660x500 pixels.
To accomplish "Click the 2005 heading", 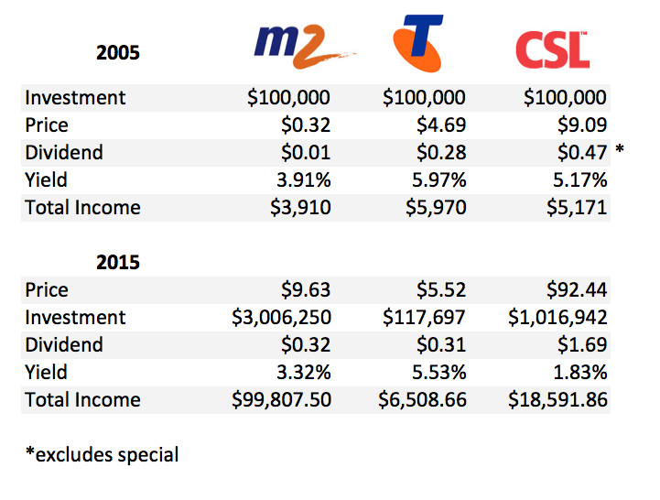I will [x=118, y=52].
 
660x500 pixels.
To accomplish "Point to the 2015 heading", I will [x=118, y=263].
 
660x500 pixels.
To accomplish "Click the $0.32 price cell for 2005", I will [x=305, y=125].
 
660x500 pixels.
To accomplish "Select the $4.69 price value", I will [x=440, y=125].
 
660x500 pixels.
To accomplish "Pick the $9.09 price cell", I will [x=581, y=125].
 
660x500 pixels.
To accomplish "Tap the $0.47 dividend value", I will [x=581, y=152].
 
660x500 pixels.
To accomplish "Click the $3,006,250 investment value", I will [x=281, y=317].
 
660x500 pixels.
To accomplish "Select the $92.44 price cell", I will [x=576, y=289].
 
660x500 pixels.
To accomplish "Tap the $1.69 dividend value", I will [x=581, y=344].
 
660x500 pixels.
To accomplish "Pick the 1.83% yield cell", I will [x=577, y=372].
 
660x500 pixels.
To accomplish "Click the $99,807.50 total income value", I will [x=280, y=399].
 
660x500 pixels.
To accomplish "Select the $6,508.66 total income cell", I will [x=422, y=399].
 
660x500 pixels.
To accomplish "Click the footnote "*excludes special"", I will [x=102, y=453].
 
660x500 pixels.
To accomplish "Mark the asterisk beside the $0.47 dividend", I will [x=620, y=149].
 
